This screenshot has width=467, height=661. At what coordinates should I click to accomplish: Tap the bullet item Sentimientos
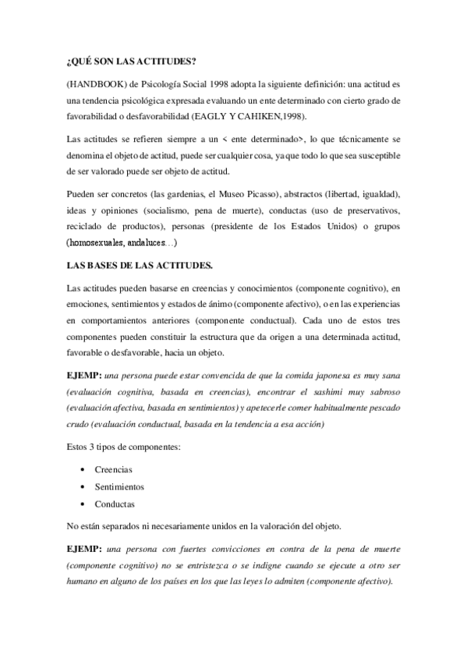click(119, 486)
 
